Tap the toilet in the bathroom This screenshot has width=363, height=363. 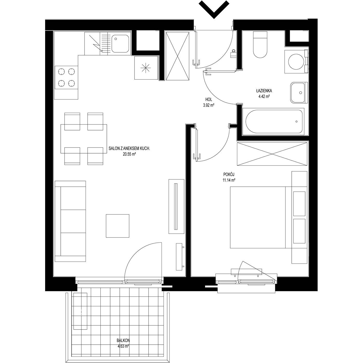pyautogui.click(x=260, y=45)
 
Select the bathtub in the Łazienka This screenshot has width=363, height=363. pyautogui.click(x=273, y=122)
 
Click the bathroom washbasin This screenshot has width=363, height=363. pyautogui.click(x=299, y=93)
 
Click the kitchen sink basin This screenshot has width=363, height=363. pyautogui.click(x=120, y=44)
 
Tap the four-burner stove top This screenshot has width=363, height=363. pyautogui.click(x=66, y=77)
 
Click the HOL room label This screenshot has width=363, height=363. pyautogui.click(x=208, y=100)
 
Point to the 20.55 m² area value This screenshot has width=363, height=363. pyautogui.click(x=129, y=154)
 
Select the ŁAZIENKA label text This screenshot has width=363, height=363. pyautogui.click(x=264, y=91)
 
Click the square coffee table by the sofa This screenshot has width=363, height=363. pyautogui.click(x=117, y=226)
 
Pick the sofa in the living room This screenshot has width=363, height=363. pyautogui.click(x=70, y=221)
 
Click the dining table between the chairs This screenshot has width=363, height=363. pyautogui.click(x=84, y=139)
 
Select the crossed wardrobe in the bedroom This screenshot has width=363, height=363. pyautogui.click(x=272, y=154)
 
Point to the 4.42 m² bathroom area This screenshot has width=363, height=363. pyautogui.click(x=264, y=96)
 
